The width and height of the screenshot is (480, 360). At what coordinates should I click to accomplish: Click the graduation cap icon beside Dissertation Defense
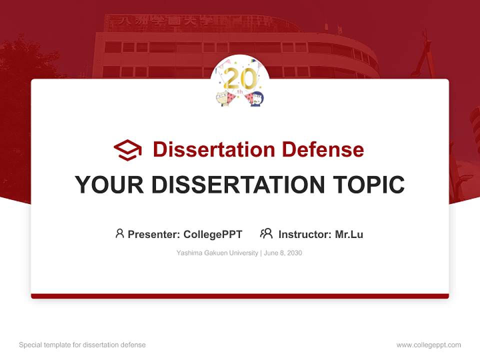click(x=127, y=150)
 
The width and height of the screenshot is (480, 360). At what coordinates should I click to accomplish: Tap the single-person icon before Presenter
click(x=119, y=233)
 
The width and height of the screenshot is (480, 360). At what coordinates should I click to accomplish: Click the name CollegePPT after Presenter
click(x=213, y=234)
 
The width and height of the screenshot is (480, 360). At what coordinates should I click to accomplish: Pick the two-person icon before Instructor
click(x=266, y=233)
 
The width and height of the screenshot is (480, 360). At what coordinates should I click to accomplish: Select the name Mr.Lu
click(x=349, y=234)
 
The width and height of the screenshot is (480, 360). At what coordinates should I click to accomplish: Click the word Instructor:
click(x=304, y=234)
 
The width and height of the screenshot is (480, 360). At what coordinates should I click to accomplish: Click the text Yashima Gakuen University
click(x=216, y=253)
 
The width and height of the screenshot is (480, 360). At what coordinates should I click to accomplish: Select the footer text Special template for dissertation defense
click(x=82, y=345)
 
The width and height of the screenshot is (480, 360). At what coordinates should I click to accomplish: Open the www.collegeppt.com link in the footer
click(x=428, y=345)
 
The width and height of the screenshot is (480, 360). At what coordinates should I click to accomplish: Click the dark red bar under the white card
click(x=240, y=296)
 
